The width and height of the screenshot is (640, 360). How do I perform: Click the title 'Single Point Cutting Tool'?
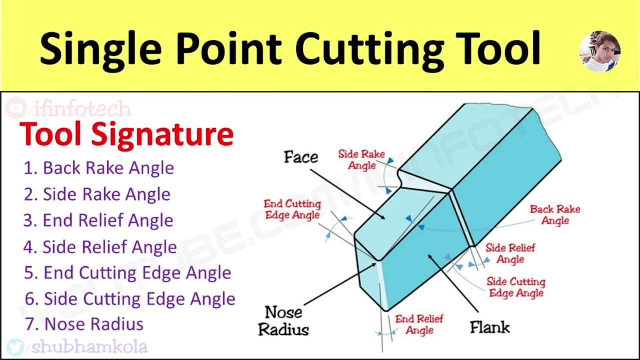290,48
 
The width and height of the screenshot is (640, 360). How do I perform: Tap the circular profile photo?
599,51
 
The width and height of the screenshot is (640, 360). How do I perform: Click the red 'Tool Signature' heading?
126,134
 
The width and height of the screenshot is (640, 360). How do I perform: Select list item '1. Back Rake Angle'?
99,168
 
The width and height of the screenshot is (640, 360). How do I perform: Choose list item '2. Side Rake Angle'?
97,194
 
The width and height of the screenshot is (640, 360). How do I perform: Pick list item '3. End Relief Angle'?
98,220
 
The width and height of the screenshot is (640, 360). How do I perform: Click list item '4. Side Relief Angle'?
100,247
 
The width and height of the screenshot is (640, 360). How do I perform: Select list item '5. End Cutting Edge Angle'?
127,273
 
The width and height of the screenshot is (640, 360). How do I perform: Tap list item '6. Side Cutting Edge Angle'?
130,299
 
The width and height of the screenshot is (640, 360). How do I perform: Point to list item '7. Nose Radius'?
84,324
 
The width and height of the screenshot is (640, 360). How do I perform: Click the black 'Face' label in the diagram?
301,157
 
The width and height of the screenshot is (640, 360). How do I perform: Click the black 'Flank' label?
489,327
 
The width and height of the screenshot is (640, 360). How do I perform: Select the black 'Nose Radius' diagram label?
283,320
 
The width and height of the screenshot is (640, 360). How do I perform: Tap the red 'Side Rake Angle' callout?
361,159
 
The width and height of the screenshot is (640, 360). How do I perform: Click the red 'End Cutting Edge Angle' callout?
292,209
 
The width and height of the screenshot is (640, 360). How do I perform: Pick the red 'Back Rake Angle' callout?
554,214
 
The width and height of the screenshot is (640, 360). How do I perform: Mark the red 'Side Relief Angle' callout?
510,253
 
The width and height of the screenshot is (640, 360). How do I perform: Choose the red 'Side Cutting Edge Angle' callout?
516,287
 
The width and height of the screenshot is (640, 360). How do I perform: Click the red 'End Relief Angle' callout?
419,324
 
